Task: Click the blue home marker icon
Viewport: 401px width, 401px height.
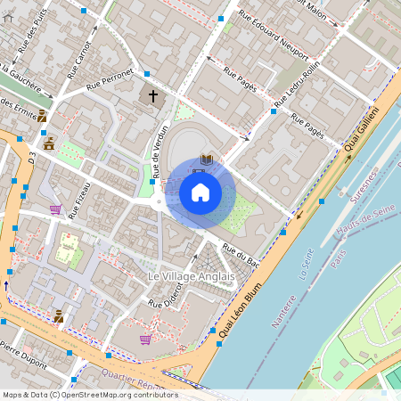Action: point(200,192)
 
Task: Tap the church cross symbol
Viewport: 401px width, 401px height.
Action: point(152,94)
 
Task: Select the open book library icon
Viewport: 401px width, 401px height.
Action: point(207,160)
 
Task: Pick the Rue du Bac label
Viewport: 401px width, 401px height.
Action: point(241,256)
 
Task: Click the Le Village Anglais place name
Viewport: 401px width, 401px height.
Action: point(191,277)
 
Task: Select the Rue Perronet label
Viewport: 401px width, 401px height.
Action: point(110,78)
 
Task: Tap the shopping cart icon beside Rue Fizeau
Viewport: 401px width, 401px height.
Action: point(55,210)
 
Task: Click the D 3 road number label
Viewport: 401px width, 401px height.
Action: point(31,158)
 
